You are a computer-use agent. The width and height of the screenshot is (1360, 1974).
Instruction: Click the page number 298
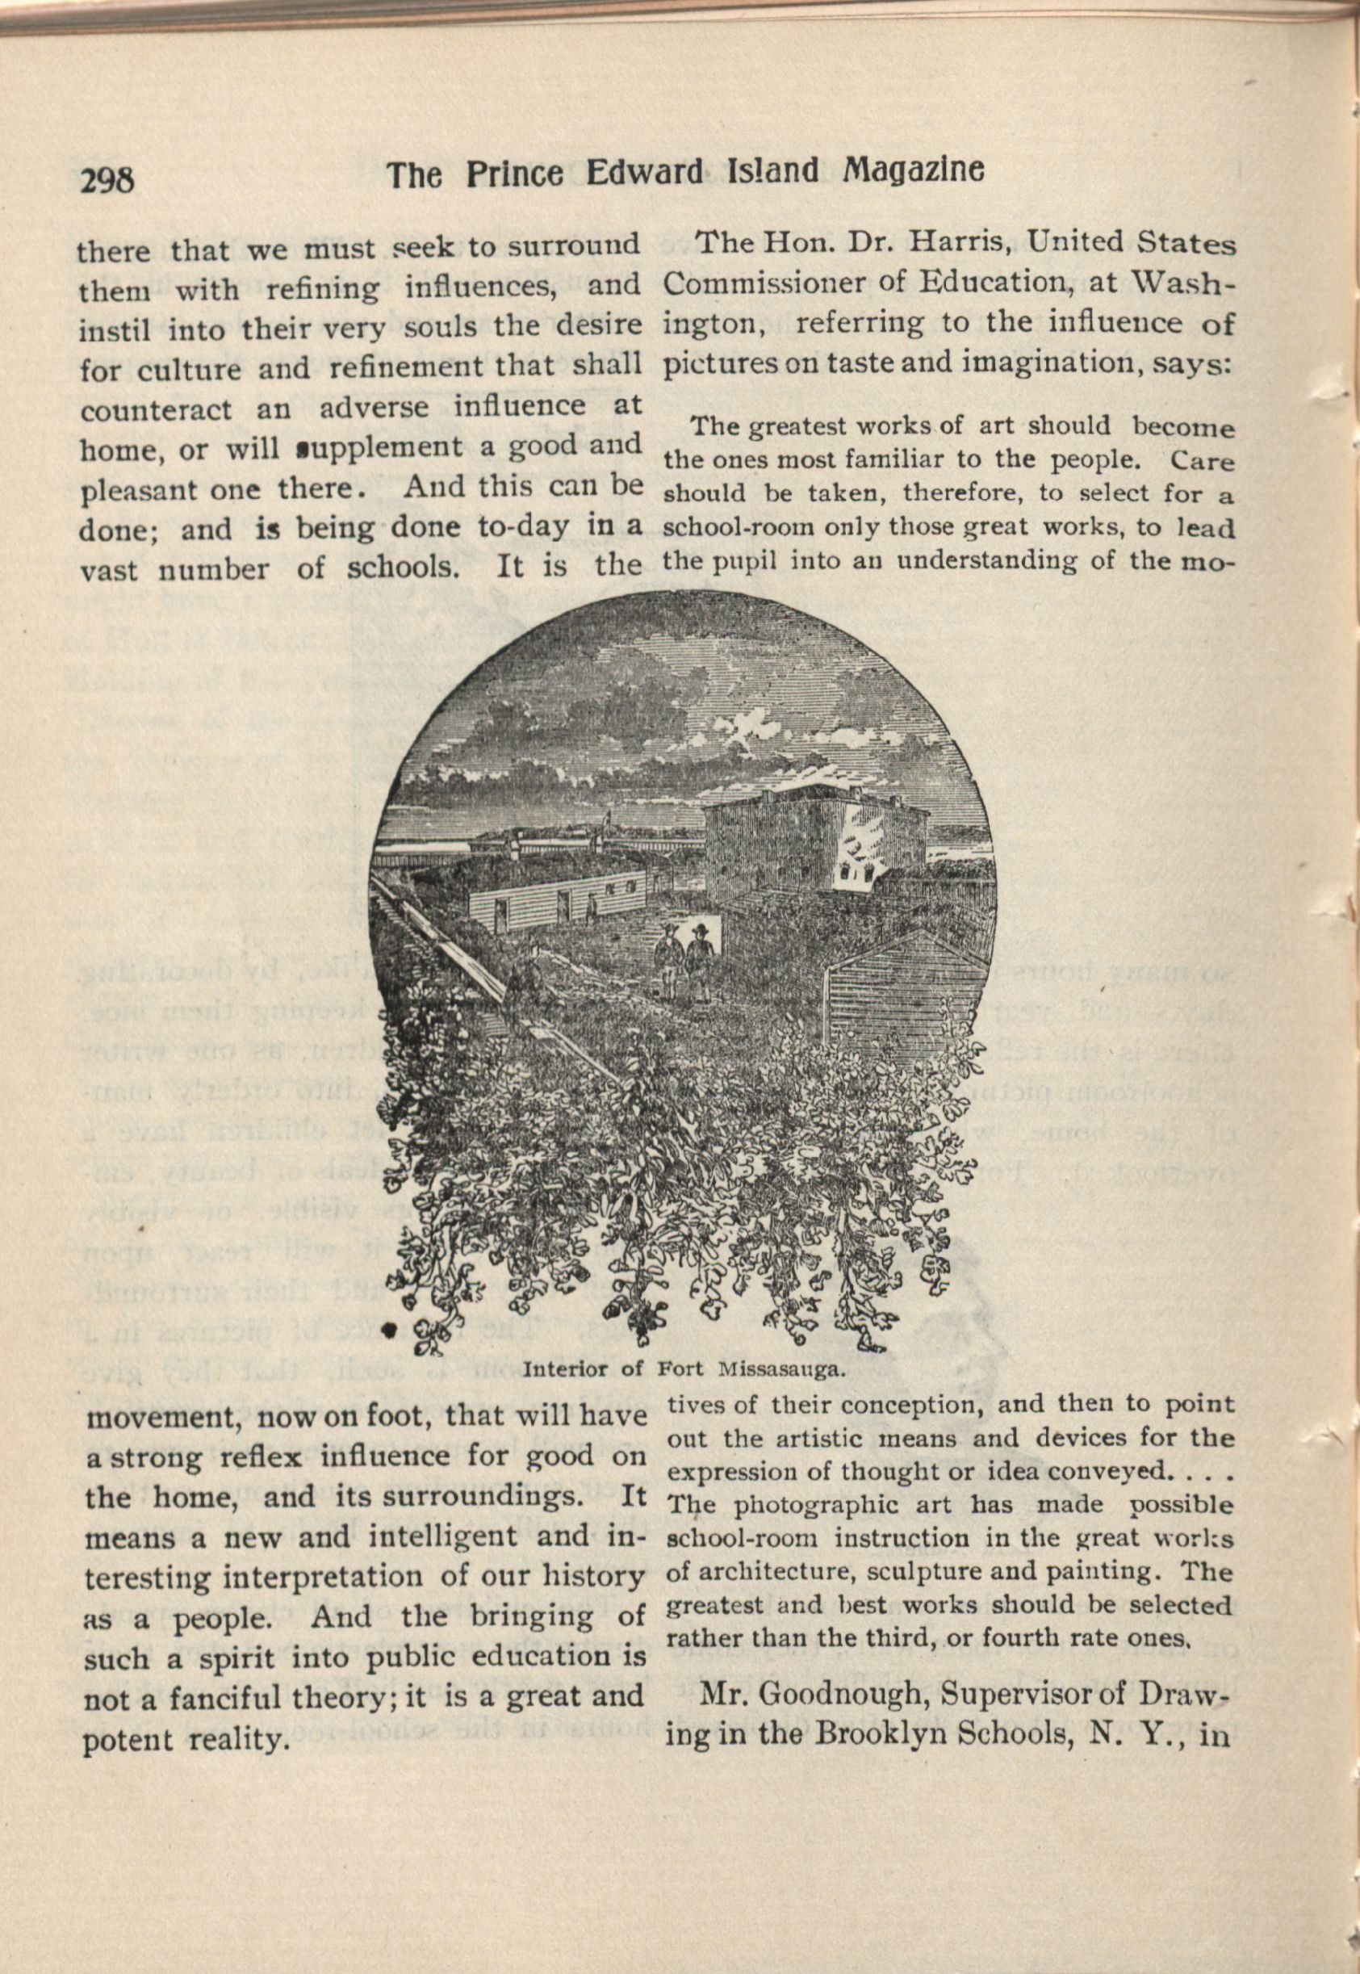click(x=107, y=180)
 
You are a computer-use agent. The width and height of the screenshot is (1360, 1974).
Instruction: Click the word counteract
click(x=155, y=409)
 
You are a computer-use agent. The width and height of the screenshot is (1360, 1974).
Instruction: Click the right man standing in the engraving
click(x=700, y=961)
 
